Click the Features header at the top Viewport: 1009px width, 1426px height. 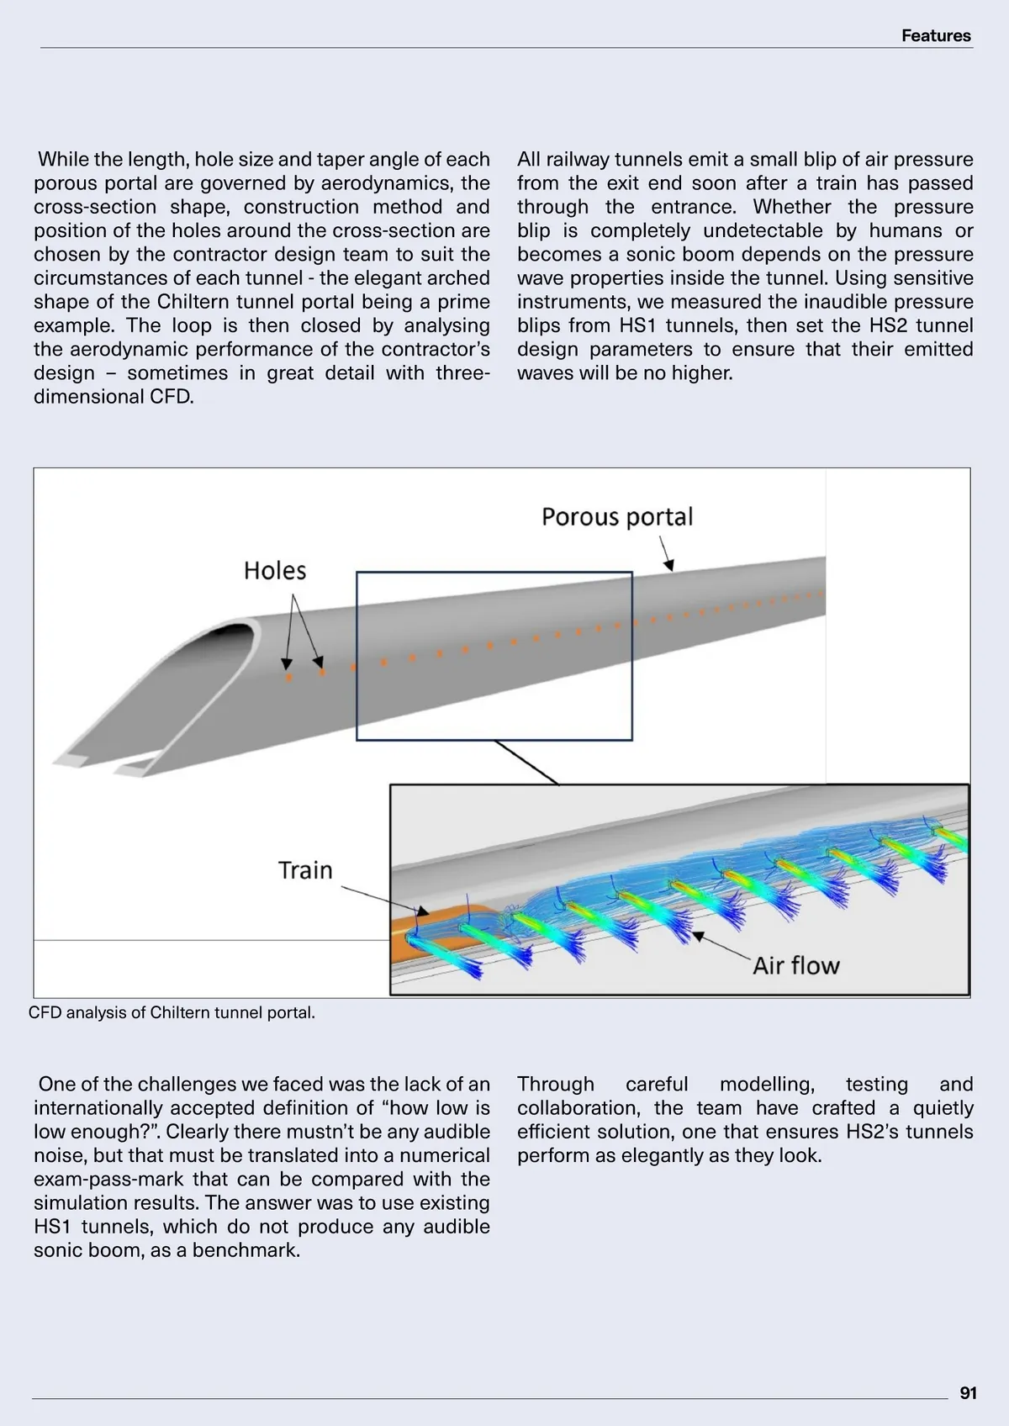935,35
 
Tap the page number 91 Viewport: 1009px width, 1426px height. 968,1393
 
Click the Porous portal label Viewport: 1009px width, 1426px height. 617,516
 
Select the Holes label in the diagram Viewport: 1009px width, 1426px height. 275,571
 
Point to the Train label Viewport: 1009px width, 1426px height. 305,870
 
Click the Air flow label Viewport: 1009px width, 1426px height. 795,965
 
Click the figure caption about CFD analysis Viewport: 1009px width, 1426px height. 172,1012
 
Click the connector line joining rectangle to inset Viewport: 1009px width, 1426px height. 526,763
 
